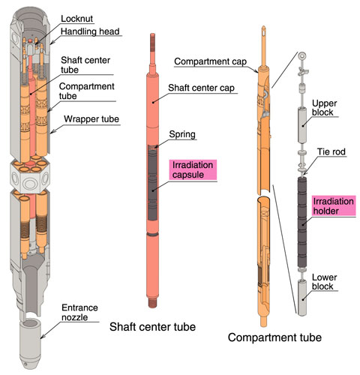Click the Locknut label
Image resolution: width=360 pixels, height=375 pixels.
coord(76,19)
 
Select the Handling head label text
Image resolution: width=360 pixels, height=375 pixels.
coord(90,31)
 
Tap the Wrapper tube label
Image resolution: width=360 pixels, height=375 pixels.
coord(91,119)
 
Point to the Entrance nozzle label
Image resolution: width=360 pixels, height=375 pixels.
coord(79,313)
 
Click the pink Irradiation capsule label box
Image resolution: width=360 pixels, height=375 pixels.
coord(193,170)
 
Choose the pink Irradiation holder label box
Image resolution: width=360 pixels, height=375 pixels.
coord(334,206)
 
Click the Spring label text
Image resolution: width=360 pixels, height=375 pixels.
coord(182,134)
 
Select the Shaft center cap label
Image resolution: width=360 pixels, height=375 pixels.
coord(201,88)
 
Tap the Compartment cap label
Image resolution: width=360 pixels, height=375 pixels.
coord(210,61)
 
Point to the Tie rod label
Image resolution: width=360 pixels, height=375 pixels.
coord(331,151)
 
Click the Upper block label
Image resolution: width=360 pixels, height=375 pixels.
coord(324,108)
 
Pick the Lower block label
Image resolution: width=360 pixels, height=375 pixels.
coord(324,282)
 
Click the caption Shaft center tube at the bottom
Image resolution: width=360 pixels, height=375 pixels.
coord(152,327)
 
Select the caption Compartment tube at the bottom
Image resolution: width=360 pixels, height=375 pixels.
coord(274,337)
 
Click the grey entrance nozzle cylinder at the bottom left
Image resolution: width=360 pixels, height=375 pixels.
coord(30,343)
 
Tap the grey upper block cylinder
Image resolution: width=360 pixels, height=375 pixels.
coord(302,125)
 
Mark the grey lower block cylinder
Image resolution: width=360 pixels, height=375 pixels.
coord(302,298)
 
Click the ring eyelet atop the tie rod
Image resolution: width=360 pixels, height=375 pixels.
coord(302,55)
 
